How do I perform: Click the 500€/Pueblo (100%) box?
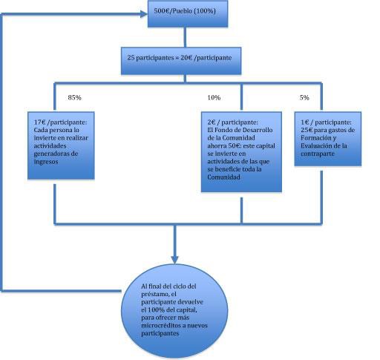click(x=188, y=14)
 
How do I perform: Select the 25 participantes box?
click(x=181, y=61)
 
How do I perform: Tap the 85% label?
click(x=74, y=97)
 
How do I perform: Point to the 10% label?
click(x=214, y=97)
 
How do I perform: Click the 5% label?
click(x=304, y=97)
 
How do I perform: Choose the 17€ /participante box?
click(x=61, y=145)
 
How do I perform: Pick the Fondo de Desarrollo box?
click(x=241, y=152)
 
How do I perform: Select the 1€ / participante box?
click(x=328, y=139)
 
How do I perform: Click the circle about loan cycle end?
click(x=174, y=311)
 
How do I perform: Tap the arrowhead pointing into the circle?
click(x=174, y=260)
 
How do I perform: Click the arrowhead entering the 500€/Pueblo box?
click(x=144, y=14)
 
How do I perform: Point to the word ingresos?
click(x=46, y=162)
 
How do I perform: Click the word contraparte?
click(x=318, y=154)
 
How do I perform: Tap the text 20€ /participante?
click(x=206, y=58)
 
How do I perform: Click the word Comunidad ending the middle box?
click(x=223, y=177)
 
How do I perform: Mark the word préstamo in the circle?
click(x=155, y=294)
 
